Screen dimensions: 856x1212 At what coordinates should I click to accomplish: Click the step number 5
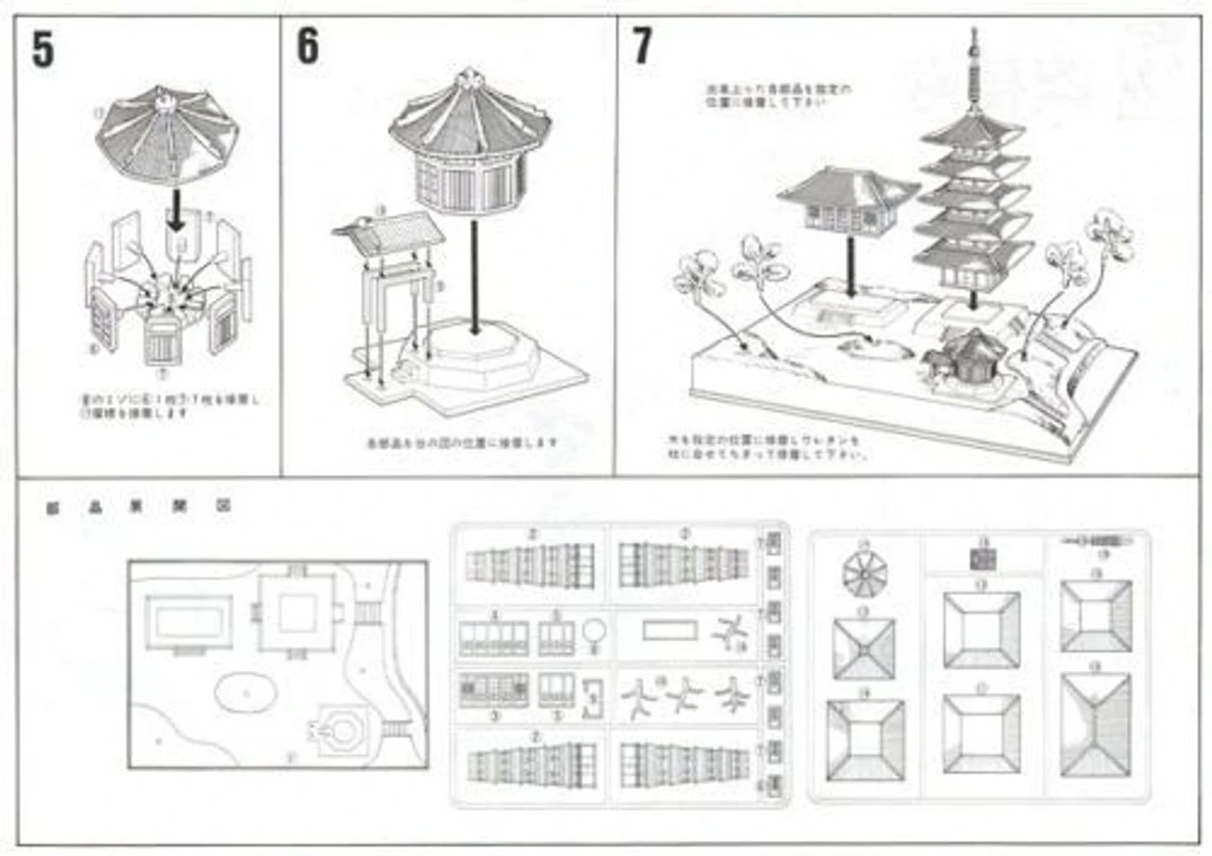(43, 51)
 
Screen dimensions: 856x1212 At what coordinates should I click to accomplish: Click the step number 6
(308, 47)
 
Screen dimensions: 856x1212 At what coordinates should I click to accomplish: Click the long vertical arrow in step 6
(472, 275)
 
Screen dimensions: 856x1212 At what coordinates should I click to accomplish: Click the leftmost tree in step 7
(699, 275)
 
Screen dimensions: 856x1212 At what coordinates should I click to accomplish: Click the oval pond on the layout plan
(245, 694)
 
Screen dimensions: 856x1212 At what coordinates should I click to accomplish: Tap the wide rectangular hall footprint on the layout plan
(188, 622)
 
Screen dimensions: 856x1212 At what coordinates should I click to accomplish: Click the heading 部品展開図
(138, 507)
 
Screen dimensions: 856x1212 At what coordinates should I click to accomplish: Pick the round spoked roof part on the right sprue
(864, 574)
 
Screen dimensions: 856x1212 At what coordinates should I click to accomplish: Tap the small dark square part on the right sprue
(982, 559)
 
